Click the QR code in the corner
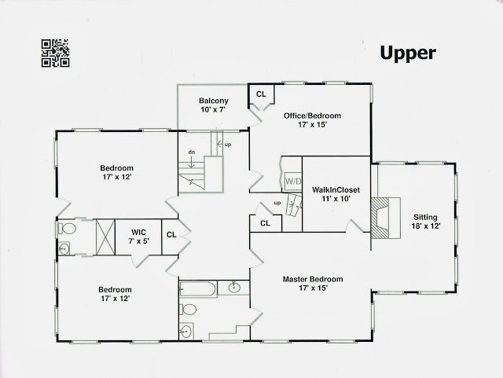54,53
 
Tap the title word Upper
407,53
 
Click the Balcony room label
213,101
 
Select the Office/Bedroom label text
310,116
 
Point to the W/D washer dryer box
292,182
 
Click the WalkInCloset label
330,190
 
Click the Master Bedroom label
313,279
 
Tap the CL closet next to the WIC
171,234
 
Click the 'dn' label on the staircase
191,152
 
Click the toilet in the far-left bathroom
67,229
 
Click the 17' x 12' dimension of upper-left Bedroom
116,178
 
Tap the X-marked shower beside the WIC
105,237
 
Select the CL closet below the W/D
266,223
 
